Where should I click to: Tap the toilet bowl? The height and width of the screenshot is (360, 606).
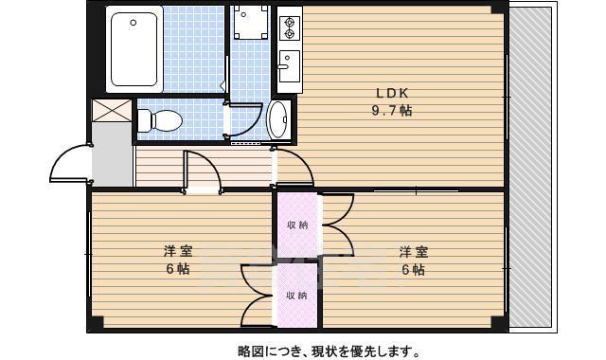click(x=161, y=120)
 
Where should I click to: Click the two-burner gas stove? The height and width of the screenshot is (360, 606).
click(x=289, y=27)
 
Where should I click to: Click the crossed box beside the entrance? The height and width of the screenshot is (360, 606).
click(x=113, y=110)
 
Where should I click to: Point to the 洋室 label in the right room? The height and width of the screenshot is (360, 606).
click(x=413, y=252)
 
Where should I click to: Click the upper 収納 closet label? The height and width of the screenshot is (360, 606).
click(x=296, y=225)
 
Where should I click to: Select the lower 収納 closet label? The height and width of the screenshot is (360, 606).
click(x=296, y=295)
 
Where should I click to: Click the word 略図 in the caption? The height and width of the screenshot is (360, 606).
click(x=252, y=351)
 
